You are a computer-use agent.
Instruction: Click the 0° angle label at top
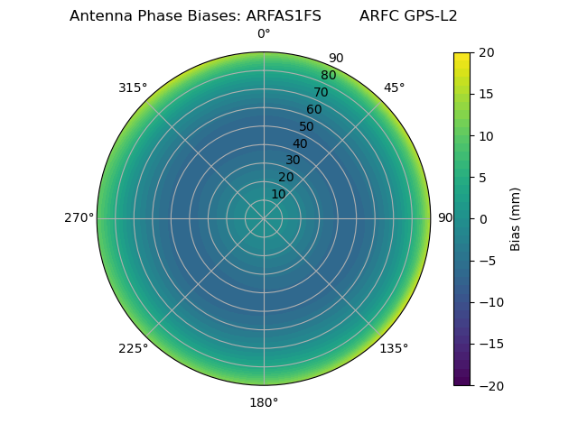coord(264,34)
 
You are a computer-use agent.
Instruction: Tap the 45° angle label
coord(395,88)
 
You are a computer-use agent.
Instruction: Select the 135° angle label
coord(394,348)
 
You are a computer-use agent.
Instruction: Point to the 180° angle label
coord(264,402)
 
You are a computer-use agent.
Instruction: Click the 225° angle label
coord(133,348)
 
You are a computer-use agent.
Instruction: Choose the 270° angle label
coord(79,218)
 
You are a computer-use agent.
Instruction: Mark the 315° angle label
coord(133,88)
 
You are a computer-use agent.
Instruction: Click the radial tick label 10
coord(278,194)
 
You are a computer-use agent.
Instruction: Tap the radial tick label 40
coord(300,143)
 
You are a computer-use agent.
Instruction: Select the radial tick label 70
coord(322,93)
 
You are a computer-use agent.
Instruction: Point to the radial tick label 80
coord(329,76)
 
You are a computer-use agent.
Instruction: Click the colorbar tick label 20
coord(486,52)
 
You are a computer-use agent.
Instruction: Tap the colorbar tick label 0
coord(482,218)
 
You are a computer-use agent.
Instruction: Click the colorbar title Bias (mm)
coord(516,218)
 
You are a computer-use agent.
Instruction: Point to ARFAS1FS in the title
coord(284,16)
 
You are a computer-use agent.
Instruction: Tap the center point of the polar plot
coord(264,218)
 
